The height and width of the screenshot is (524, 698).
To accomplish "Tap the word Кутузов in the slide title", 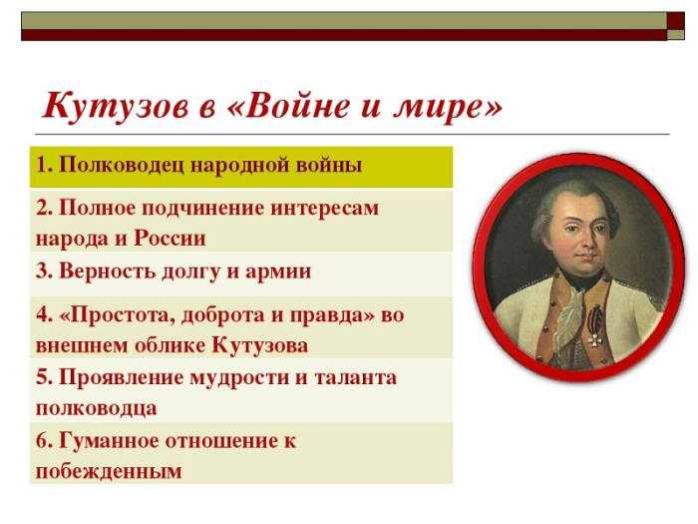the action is click(115, 106).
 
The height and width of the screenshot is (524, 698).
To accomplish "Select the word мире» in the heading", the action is click(448, 108).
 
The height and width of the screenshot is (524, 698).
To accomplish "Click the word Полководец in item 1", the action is click(121, 166).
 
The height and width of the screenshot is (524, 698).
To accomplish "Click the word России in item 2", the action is click(171, 238).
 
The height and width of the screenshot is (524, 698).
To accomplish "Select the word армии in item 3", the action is click(278, 271).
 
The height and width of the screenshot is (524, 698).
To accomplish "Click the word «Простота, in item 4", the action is click(118, 316).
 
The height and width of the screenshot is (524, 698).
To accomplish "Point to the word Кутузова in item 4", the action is click(259, 345).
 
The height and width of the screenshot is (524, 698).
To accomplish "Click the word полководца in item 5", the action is click(96, 408).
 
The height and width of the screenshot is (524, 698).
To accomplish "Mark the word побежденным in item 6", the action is click(109, 471).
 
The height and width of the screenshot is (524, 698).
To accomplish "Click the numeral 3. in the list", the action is click(45, 270).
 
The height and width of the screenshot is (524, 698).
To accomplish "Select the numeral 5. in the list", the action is click(45, 377).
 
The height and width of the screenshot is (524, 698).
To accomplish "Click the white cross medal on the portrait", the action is click(594, 340).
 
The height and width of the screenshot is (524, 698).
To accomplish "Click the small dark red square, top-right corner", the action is click(675, 21).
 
